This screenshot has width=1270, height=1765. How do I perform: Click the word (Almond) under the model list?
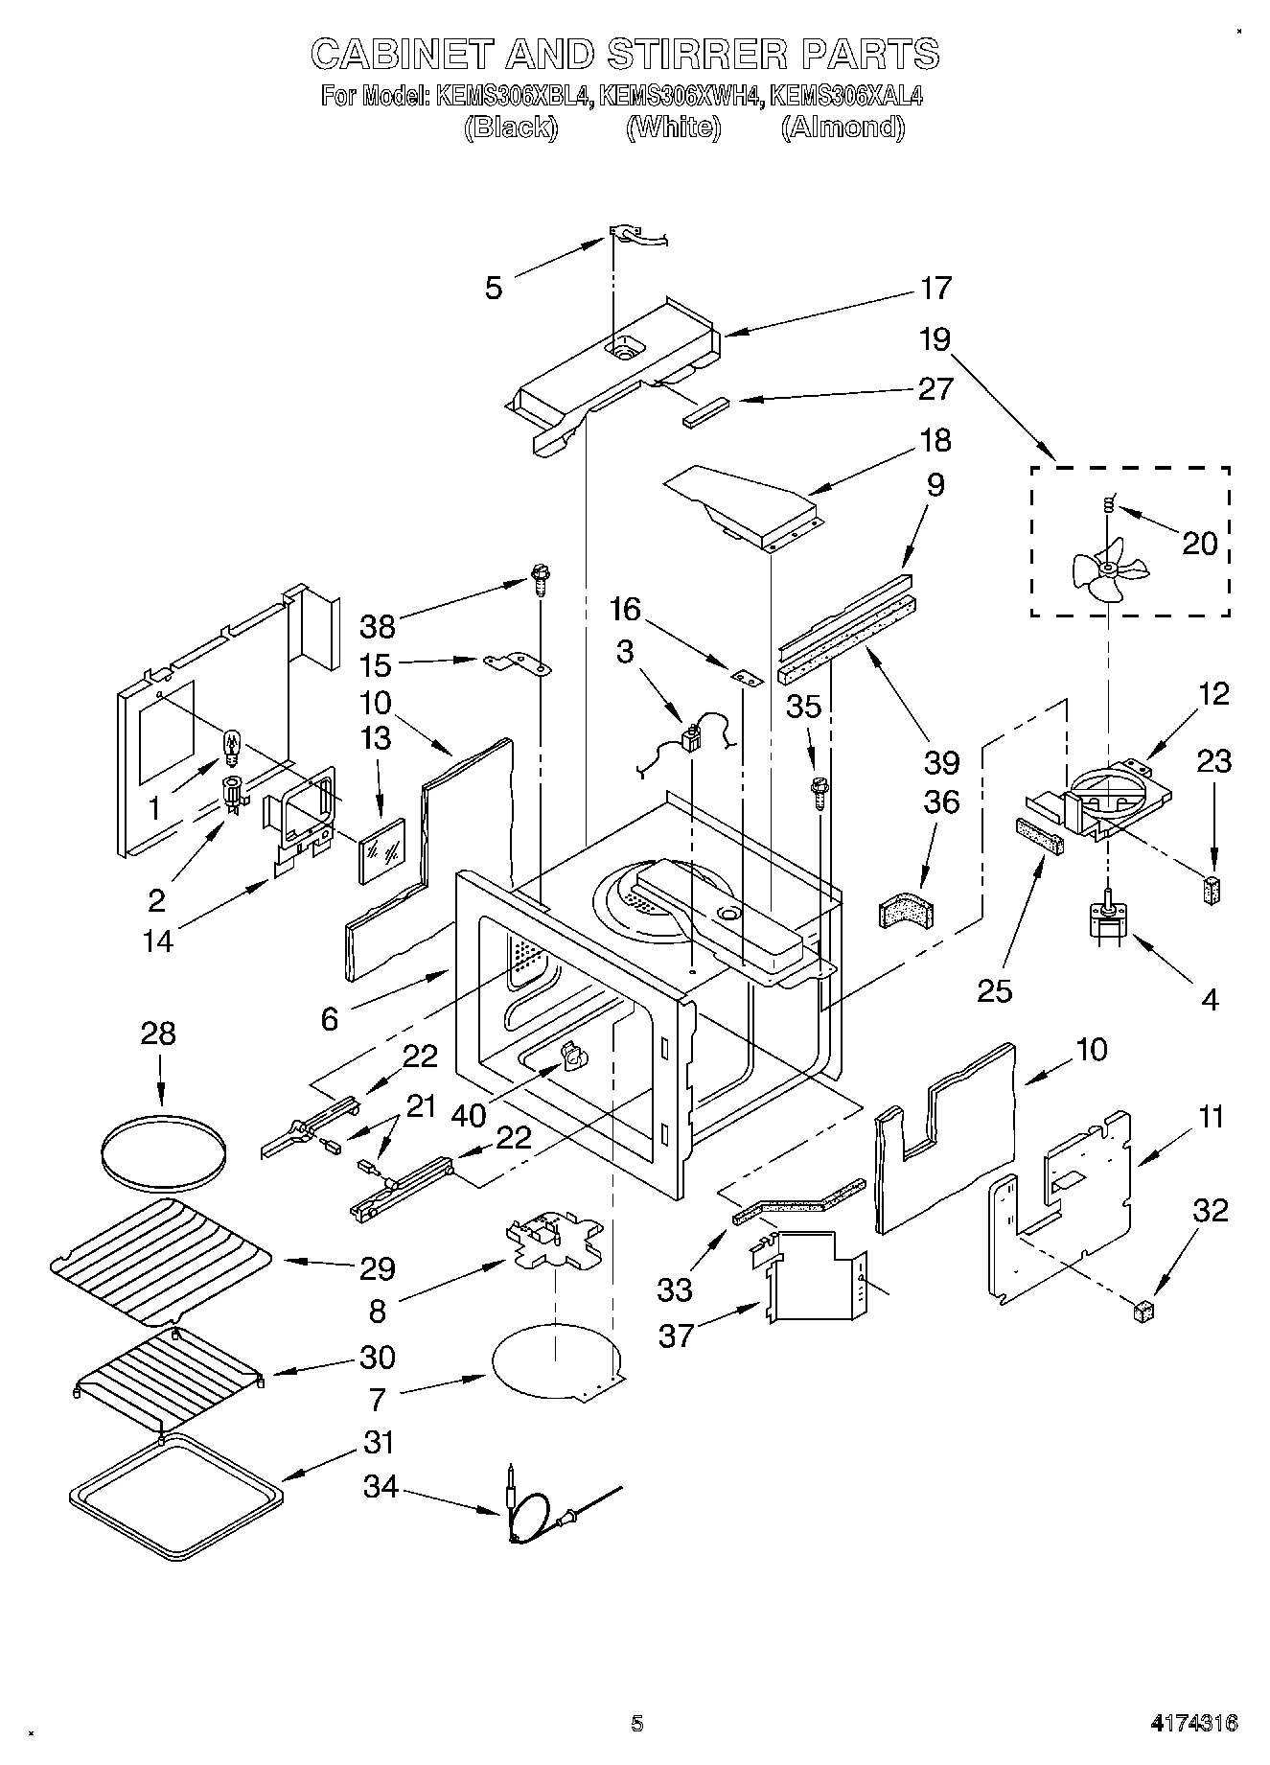point(843,127)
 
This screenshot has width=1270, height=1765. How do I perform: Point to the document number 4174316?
point(1194,1721)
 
